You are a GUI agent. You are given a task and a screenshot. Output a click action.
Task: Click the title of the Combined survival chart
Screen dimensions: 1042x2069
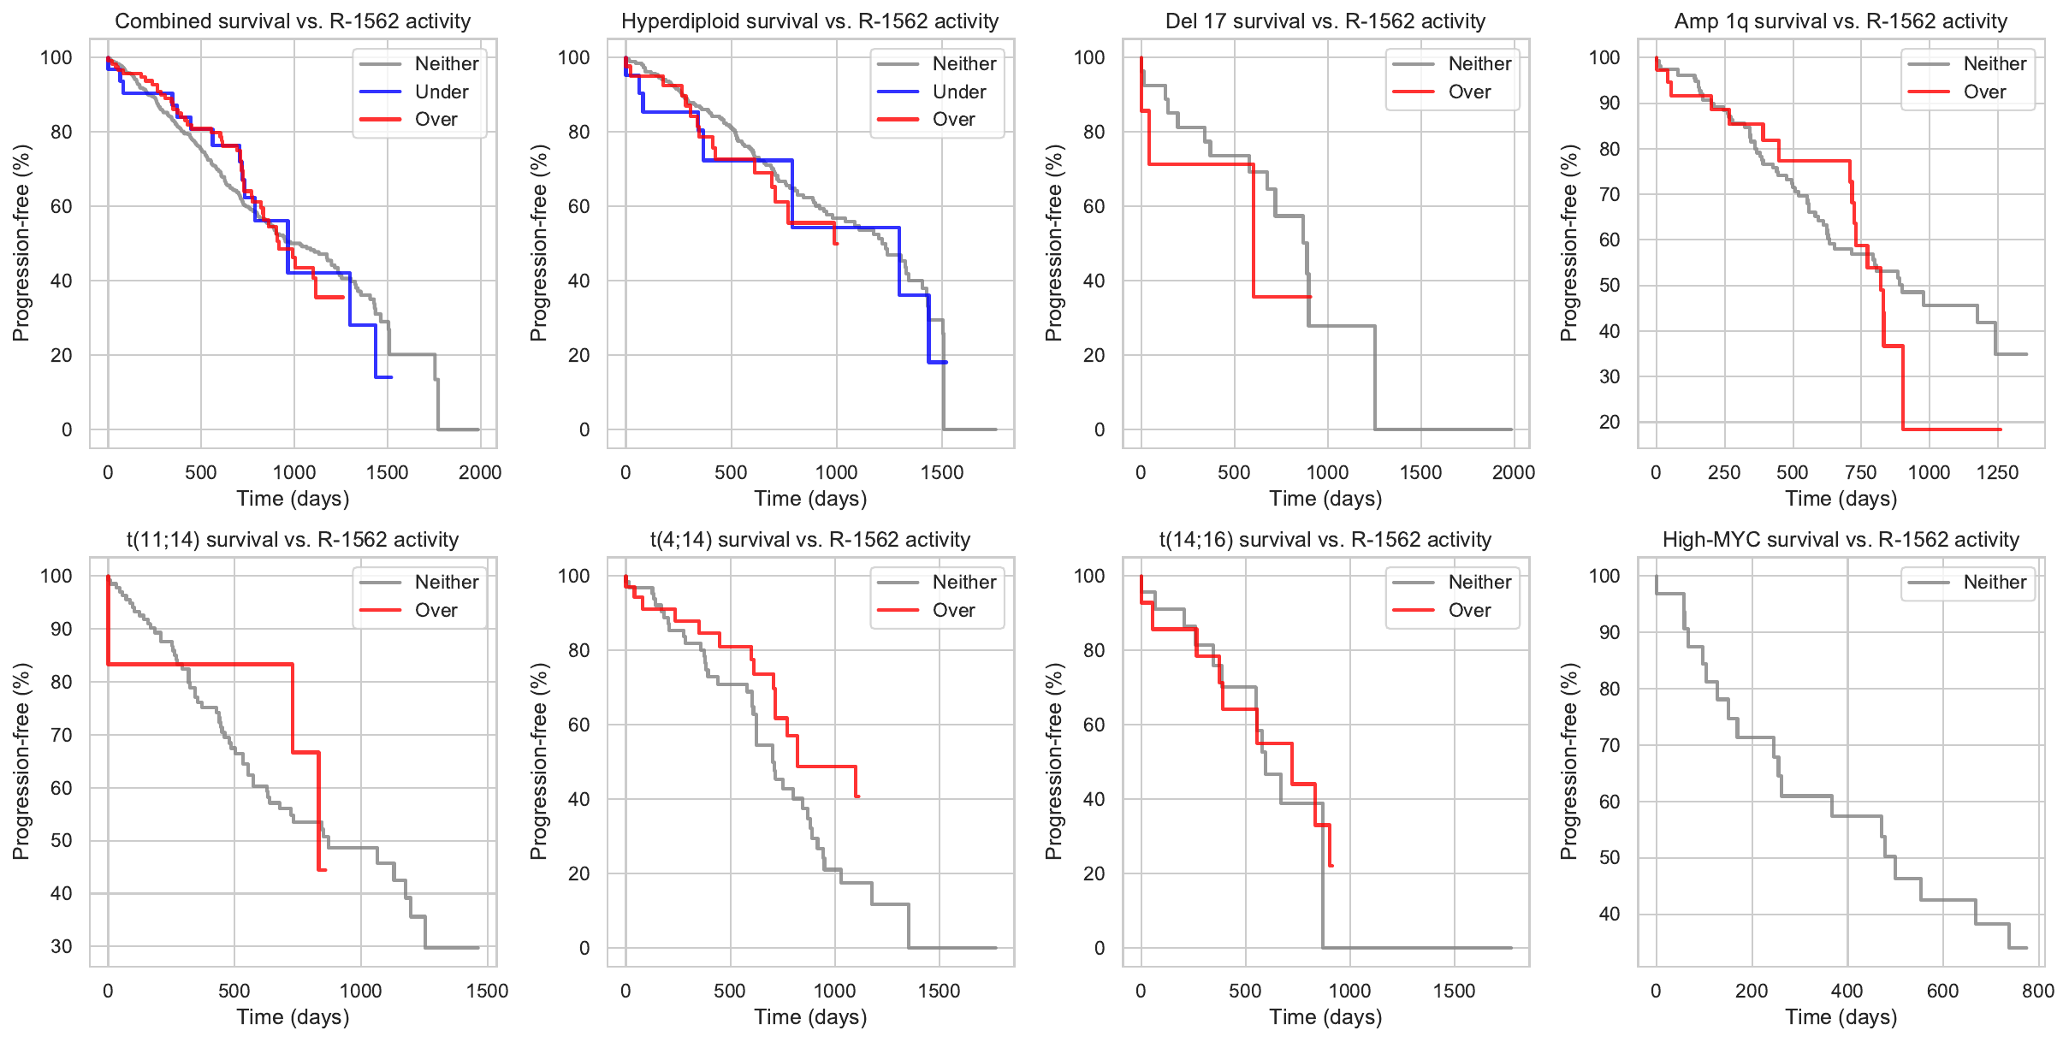293,21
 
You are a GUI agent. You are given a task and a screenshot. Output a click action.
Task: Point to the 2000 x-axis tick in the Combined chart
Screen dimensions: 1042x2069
480,472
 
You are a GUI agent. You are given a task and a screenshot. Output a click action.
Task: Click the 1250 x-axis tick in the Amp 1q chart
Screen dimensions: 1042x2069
1997,472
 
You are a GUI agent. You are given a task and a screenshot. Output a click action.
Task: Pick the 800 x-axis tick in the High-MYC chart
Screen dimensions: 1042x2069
2037,991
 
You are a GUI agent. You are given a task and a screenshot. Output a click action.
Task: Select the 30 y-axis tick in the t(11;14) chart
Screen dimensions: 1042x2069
62,946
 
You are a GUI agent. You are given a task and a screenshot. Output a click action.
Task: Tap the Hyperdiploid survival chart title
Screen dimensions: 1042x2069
809,21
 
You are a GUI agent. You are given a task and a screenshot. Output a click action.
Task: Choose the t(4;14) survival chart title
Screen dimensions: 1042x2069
809,540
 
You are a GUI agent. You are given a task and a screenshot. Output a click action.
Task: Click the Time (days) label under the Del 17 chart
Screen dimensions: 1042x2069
1325,499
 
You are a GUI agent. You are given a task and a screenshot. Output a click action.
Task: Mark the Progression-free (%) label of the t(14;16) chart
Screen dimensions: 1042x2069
1054,761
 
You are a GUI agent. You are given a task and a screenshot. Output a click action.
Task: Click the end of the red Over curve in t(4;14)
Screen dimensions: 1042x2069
858,796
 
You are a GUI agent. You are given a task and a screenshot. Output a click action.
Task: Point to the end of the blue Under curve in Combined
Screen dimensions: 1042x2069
391,377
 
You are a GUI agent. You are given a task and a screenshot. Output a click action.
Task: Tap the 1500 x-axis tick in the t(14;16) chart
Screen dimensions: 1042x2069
1454,991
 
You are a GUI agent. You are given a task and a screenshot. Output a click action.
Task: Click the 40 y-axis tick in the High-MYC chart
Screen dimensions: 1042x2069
1609,914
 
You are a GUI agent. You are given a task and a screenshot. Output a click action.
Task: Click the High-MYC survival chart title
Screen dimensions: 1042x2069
1841,540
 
